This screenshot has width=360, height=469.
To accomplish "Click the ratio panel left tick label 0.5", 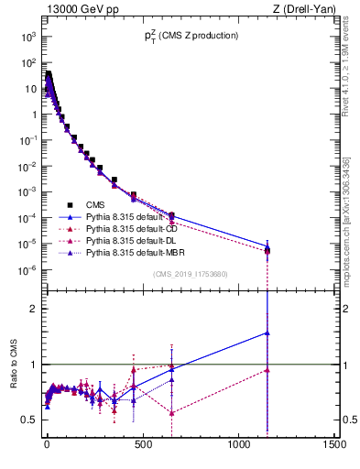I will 28,420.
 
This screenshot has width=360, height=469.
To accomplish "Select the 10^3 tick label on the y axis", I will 27,37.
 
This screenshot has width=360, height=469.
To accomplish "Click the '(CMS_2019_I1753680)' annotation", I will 189,274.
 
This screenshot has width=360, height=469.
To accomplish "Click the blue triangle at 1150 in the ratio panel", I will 267,333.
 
